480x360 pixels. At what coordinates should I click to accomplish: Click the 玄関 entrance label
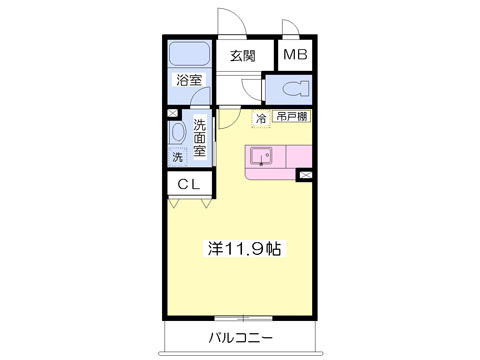243,56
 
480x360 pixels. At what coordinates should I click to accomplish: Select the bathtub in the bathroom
188,54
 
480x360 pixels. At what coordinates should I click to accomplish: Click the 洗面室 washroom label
200,138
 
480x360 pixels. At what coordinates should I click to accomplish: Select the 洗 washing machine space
177,158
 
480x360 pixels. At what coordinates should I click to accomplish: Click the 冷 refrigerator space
261,119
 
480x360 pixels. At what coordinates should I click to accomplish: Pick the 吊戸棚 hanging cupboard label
291,118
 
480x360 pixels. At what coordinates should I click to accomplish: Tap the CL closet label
188,184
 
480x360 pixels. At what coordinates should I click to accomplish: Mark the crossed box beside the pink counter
305,176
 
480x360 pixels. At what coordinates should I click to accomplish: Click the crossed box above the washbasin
173,113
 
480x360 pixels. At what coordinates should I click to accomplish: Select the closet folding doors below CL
189,202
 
